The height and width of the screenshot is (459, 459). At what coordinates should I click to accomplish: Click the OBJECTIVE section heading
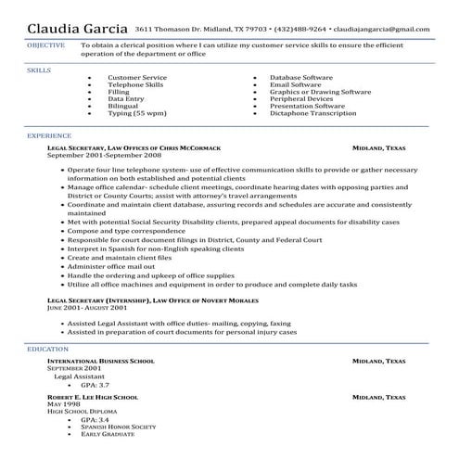click(x=46, y=44)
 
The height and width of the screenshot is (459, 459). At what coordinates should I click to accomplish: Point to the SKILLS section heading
click(x=39, y=69)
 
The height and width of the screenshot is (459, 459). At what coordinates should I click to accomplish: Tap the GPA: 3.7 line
click(x=95, y=384)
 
